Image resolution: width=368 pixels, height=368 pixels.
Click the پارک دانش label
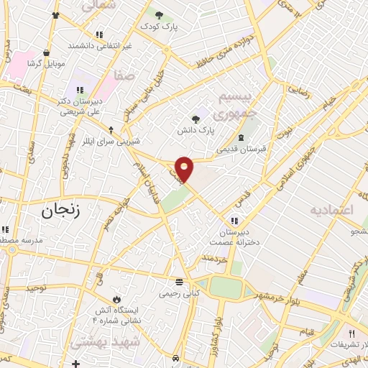point(198,131)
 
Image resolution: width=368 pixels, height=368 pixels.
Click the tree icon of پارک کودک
point(158,14)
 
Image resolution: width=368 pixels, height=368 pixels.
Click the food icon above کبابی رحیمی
point(179,282)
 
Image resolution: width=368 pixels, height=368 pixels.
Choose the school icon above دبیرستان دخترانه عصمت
point(234,220)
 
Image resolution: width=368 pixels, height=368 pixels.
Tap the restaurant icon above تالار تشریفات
point(351,333)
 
